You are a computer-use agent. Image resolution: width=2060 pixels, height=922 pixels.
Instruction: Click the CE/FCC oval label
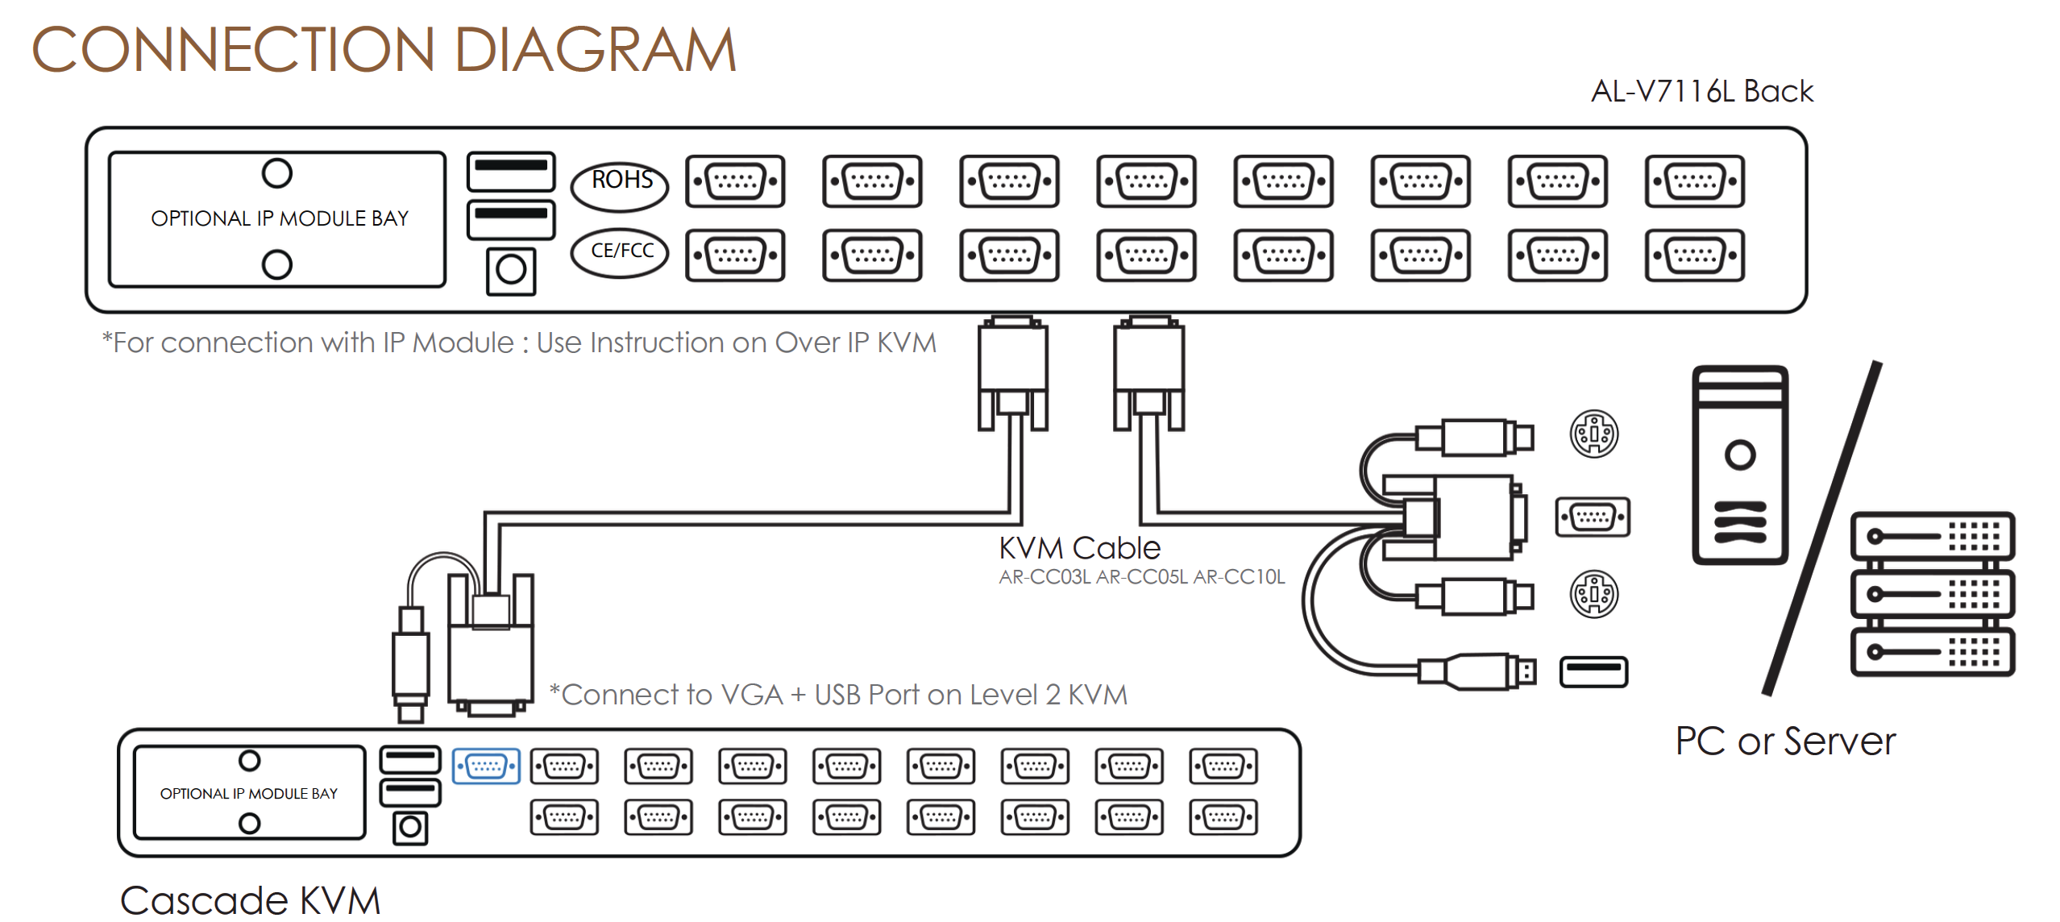pos(620,252)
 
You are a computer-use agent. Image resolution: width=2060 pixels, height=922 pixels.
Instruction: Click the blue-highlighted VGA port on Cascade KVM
pos(486,766)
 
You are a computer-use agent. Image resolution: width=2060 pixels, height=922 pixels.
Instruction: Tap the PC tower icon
pos(1740,465)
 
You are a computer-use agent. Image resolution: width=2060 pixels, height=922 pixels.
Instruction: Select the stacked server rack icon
pos(1932,595)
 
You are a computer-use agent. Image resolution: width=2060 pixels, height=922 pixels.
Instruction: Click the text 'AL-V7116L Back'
pos(1701,92)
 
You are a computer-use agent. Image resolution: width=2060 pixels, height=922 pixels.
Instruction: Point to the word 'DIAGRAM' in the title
pos(595,50)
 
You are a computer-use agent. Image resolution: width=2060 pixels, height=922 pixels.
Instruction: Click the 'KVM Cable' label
pos(1079,549)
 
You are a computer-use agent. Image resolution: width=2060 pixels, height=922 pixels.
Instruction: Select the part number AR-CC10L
pos(1239,577)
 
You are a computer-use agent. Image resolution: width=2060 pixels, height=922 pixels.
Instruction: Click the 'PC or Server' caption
pos(1785,741)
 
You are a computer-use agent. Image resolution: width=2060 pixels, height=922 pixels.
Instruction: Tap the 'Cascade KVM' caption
pos(250,901)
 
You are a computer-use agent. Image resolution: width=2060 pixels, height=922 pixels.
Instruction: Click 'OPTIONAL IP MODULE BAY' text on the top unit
pos(280,219)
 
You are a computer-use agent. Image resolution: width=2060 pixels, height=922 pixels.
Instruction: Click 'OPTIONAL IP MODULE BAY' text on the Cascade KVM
pos(248,794)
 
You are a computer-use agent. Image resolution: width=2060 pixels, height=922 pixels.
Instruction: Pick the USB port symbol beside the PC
pos(1593,672)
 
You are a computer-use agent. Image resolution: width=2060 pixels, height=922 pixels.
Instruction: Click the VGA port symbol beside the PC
pos(1593,517)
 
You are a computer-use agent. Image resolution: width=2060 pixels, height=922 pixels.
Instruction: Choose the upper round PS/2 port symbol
pos(1593,434)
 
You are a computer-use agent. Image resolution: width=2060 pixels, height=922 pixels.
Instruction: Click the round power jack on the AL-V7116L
pos(511,271)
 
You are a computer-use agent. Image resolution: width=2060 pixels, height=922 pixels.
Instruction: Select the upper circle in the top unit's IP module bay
pos(276,173)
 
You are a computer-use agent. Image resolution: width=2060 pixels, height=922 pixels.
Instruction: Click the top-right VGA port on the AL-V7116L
pos(1694,181)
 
